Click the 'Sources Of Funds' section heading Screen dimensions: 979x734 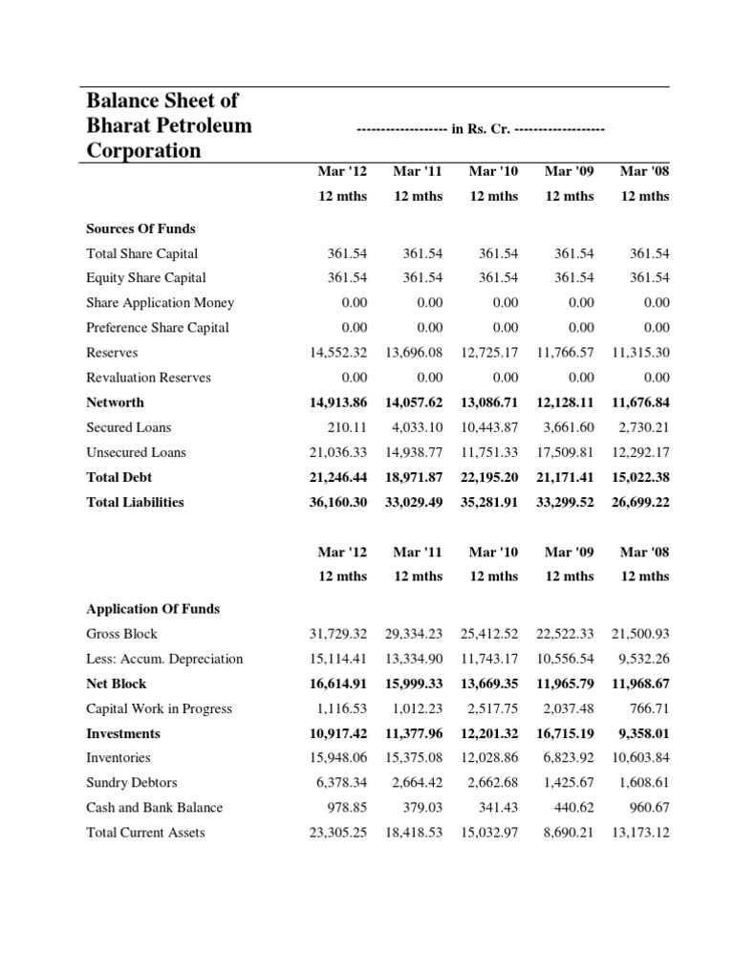[x=140, y=228]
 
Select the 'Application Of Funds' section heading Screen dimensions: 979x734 [x=153, y=609]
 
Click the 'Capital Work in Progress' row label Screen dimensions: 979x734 [x=159, y=708]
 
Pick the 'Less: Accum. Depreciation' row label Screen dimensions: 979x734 [x=164, y=659]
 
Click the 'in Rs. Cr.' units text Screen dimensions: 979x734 [x=480, y=128]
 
